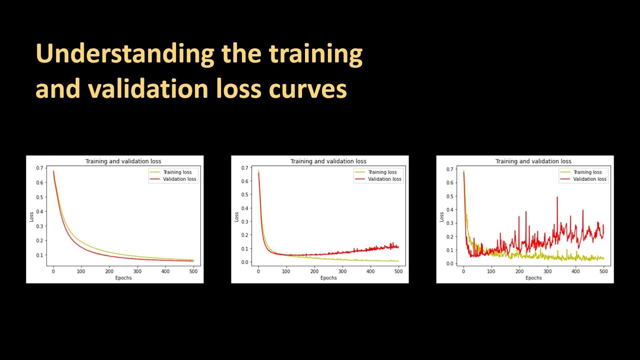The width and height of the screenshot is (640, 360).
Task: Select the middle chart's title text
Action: [x=328, y=161]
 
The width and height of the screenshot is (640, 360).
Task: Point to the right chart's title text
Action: [x=533, y=161]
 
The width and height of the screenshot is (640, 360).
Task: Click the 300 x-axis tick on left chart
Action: [x=137, y=271]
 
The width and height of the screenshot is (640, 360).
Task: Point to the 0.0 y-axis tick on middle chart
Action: [x=245, y=262]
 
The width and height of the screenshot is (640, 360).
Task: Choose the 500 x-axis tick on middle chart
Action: [x=398, y=271]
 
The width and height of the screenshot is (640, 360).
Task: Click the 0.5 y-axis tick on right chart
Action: [x=450, y=196]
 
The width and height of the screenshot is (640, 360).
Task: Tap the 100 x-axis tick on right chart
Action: [x=491, y=271]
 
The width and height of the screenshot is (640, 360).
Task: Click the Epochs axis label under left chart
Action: [x=123, y=278]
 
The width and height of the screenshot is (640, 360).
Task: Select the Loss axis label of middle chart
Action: [x=236, y=217]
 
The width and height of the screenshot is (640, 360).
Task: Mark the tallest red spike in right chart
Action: [x=557, y=197]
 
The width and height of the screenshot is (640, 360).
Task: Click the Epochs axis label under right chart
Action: [x=533, y=278]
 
